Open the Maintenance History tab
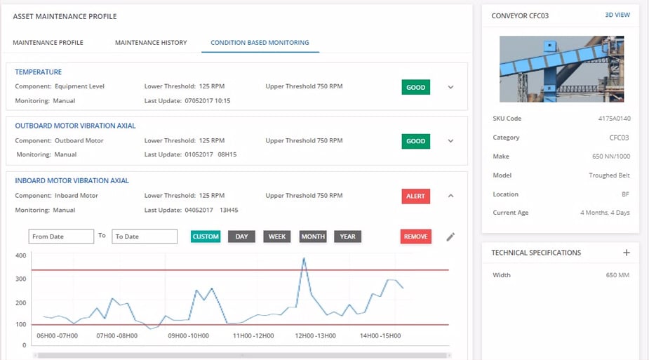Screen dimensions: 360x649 151,43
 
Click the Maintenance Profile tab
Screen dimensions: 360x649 48,43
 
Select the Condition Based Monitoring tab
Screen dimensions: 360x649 260,43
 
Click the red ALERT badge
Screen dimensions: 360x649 415,196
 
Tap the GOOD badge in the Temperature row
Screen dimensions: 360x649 415,88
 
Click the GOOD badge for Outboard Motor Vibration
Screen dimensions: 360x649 415,141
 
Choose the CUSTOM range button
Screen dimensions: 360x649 206,236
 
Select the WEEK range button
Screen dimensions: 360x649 277,236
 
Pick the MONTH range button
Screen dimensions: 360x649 313,236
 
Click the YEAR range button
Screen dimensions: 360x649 347,236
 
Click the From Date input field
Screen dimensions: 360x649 61,236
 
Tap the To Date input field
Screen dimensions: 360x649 145,236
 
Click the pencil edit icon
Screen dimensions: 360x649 450,237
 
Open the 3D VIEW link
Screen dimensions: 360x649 617,15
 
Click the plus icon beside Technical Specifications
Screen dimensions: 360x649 627,253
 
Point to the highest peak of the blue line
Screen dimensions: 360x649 304,258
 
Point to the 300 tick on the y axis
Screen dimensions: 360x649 20,279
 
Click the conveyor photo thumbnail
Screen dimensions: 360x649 560,69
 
